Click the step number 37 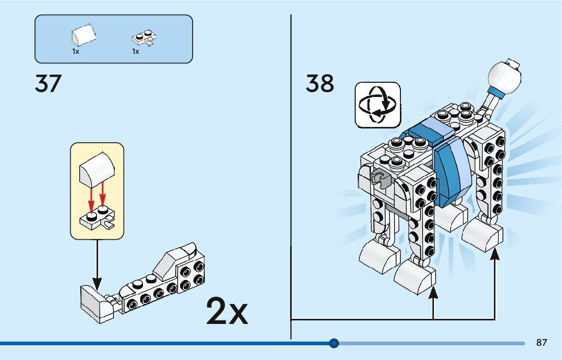(x=48, y=84)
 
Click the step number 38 (x=320, y=84)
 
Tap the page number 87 (x=542, y=343)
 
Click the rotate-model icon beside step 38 (x=378, y=105)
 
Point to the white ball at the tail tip (x=504, y=77)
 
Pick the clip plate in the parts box (x=144, y=39)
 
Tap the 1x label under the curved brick (x=76, y=52)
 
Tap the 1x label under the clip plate (x=136, y=52)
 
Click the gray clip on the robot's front (x=379, y=177)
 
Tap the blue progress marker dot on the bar (x=334, y=343)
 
